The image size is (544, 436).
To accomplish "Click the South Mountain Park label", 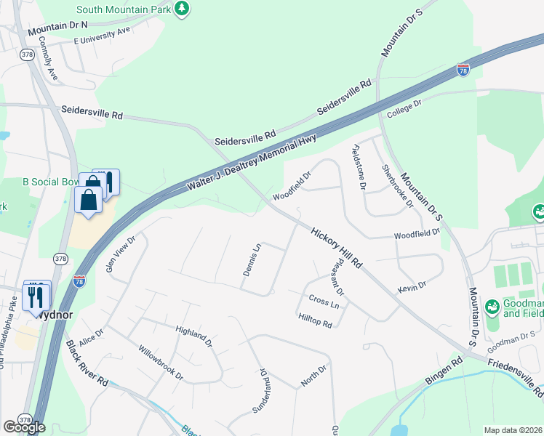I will pyautogui.click(x=123, y=9).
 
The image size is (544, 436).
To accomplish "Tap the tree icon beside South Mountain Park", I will pyautogui.click(x=182, y=9).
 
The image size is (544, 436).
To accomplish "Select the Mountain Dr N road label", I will pyautogui.click(x=57, y=28).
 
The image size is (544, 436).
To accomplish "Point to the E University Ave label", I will pyautogui.click(x=101, y=36).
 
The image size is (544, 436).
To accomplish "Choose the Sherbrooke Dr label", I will pyautogui.click(x=397, y=185).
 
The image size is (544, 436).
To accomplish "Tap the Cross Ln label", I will pyautogui.click(x=324, y=301).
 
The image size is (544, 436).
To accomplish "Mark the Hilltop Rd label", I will pyautogui.click(x=315, y=320).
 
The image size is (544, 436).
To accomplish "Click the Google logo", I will pyautogui.click(x=24, y=427).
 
